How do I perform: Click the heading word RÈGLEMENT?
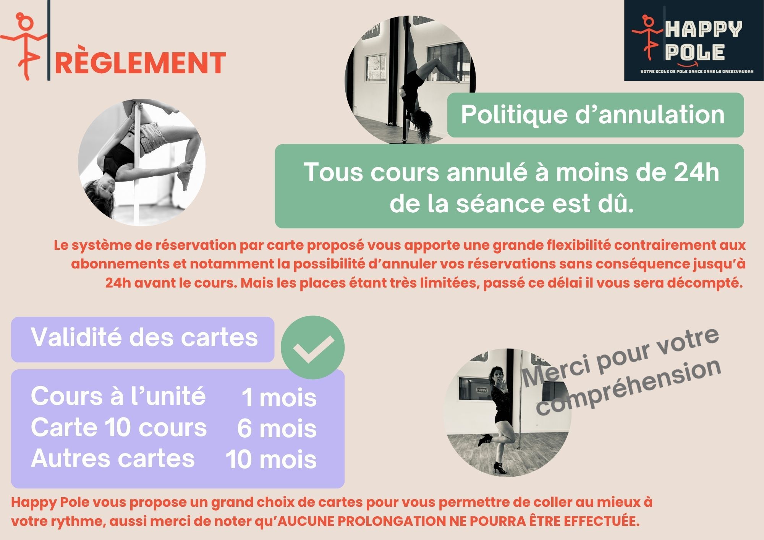pos(141,63)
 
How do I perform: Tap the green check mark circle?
pos(312,347)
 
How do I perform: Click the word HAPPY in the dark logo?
pos(704,29)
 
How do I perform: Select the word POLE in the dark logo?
pos(694,52)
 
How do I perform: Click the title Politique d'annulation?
pos(592,114)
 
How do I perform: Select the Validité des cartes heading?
pos(144,337)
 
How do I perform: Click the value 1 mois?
pos(279,398)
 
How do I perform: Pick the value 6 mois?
pos(277,428)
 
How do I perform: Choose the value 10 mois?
pos(271,459)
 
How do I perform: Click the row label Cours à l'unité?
pos(118,396)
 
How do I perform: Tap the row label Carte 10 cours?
pos(119,427)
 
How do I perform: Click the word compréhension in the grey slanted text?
pos(628,387)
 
